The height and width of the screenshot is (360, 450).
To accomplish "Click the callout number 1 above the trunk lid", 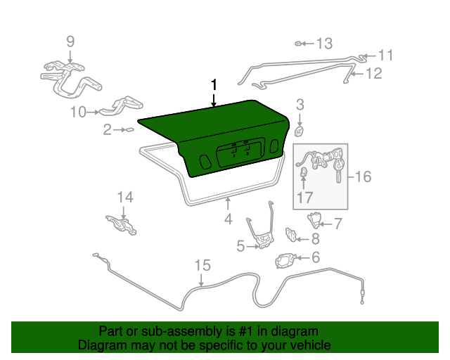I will click(x=214, y=85).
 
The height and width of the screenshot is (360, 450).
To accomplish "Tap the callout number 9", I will click(x=70, y=41).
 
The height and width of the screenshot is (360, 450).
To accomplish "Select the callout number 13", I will click(x=323, y=44).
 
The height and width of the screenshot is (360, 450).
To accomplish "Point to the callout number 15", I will click(x=202, y=265).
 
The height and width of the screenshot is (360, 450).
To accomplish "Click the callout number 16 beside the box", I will click(x=363, y=176).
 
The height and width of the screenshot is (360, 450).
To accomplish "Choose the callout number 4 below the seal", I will click(x=228, y=220).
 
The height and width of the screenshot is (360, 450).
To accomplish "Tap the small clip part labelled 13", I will click(x=300, y=44).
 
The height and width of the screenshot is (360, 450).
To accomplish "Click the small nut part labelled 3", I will click(x=299, y=131).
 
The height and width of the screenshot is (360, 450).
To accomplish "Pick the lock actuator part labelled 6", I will click(x=285, y=260).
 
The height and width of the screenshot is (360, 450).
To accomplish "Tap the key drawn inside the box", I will click(x=340, y=169).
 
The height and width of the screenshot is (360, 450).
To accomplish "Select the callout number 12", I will click(x=373, y=72).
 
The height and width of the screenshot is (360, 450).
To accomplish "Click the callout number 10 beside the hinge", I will click(x=78, y=111).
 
